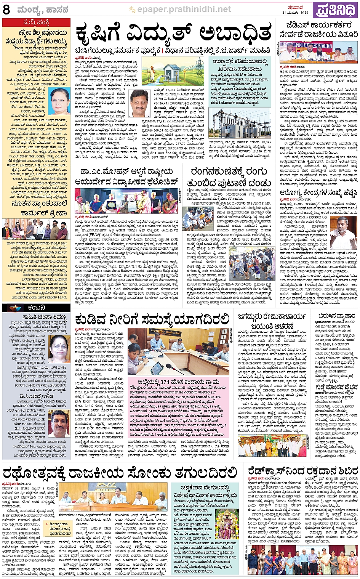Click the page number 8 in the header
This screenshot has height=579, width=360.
(6, 10)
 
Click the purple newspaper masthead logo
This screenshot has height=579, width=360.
(336, 10)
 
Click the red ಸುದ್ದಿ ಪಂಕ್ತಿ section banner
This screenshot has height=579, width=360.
(36, 23)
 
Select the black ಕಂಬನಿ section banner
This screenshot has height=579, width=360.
(36, 308)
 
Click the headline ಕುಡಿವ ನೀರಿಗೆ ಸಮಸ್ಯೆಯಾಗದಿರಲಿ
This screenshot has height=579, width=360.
(152, 319)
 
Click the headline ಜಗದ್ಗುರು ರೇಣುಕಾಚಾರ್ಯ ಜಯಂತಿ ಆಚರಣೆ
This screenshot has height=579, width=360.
(272, 321)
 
